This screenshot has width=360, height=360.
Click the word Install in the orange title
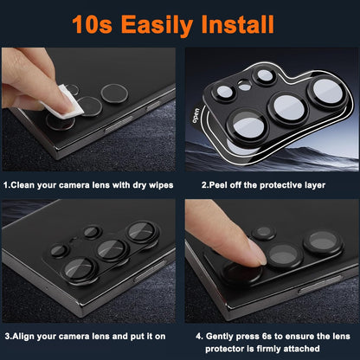(x=237, y=24)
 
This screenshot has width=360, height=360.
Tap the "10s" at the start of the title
(x=93, y=24)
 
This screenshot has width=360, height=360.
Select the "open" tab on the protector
(x=196, y=115)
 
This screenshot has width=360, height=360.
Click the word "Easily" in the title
(x=157, y=25)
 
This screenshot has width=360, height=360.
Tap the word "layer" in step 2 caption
(x=315, y=186)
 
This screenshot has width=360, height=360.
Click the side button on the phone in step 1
(x=119, y=124)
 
